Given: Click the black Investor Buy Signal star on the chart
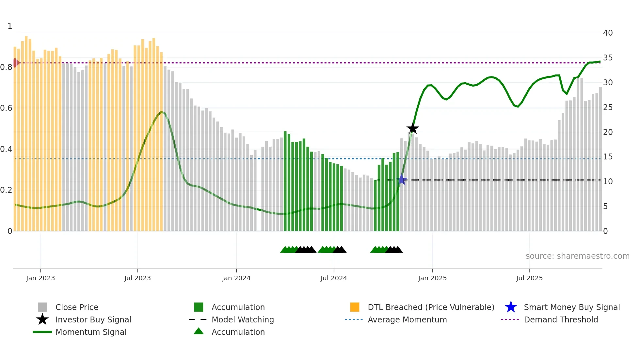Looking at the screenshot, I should coord(413,128).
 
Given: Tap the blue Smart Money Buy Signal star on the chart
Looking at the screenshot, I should coord(402,180).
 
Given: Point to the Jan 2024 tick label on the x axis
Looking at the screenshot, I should coord(236,278).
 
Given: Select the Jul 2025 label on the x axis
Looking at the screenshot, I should coord(529,278).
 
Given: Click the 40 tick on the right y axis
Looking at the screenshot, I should coord(608,33).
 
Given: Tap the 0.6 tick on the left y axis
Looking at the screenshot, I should coord(7,108).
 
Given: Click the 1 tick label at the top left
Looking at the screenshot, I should coord(10,26).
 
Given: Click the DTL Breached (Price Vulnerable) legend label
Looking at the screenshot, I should coord(431,307).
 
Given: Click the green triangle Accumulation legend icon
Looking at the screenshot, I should coord(199,331).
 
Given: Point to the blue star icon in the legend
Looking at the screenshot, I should coord(511,307).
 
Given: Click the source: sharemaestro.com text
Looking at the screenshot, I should coord(577,256).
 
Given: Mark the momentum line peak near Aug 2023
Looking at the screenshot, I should coord(161,112).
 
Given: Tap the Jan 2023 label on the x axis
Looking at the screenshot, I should coord(40,278).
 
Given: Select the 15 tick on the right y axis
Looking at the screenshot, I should coord(608,157).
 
